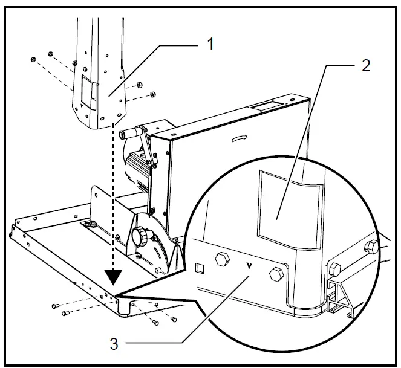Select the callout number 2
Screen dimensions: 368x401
(365, 66)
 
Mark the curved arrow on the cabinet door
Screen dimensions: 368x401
(240, 138)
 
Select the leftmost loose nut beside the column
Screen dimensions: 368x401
(34, 59)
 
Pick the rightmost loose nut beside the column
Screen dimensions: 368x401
(152, 94)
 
